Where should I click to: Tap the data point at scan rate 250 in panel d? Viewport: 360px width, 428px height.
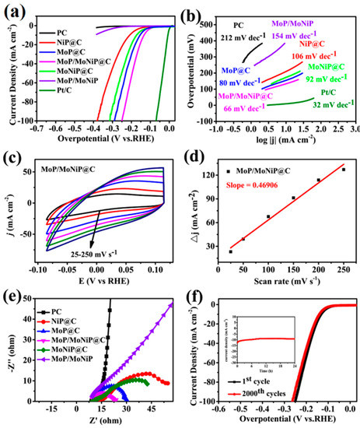pos(344,170)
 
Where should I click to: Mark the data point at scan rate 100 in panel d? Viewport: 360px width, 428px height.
pos(268,216)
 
